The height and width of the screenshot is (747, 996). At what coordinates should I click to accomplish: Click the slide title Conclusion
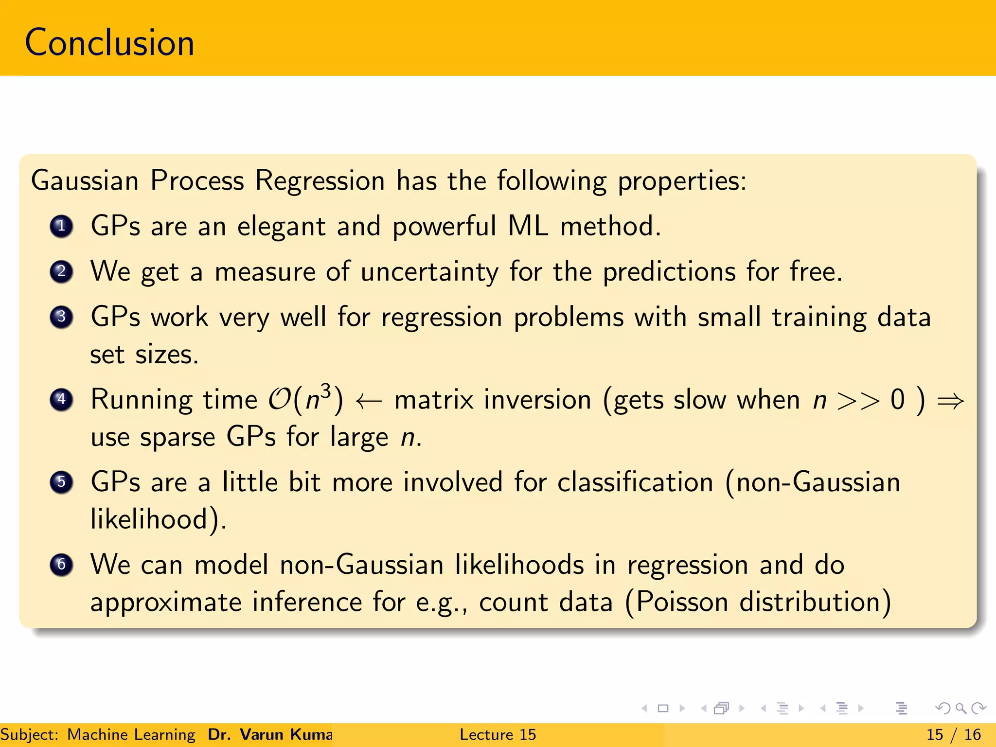point(109,43)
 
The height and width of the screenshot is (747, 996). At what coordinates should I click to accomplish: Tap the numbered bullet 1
point(61,226)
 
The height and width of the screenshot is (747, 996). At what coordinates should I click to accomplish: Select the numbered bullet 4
point(61,400)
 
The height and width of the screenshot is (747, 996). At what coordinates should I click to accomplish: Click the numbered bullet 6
point(61,565)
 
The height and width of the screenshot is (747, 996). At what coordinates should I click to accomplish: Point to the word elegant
point(281,227)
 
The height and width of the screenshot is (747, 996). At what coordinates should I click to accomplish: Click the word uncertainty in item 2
point(429,272)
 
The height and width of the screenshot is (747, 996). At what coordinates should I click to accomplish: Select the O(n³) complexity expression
point(306,399)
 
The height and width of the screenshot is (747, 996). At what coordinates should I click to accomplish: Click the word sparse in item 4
point(178,437)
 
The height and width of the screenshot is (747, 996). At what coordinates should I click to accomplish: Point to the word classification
point(635,482)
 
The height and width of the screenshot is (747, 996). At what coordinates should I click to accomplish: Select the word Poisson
point(682,602)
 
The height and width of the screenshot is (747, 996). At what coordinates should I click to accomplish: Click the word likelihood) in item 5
point(158,519)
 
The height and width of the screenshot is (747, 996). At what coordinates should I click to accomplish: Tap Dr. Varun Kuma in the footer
point(270,734)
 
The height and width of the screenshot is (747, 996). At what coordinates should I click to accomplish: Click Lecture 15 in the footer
point(498,734)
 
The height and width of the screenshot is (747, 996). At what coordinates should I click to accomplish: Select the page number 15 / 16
point(953,734)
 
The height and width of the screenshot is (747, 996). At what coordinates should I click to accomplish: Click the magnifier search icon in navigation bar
point(960,708)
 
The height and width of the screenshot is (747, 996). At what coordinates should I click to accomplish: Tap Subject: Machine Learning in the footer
point(97,734)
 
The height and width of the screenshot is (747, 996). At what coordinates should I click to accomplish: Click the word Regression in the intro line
point(320,181)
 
